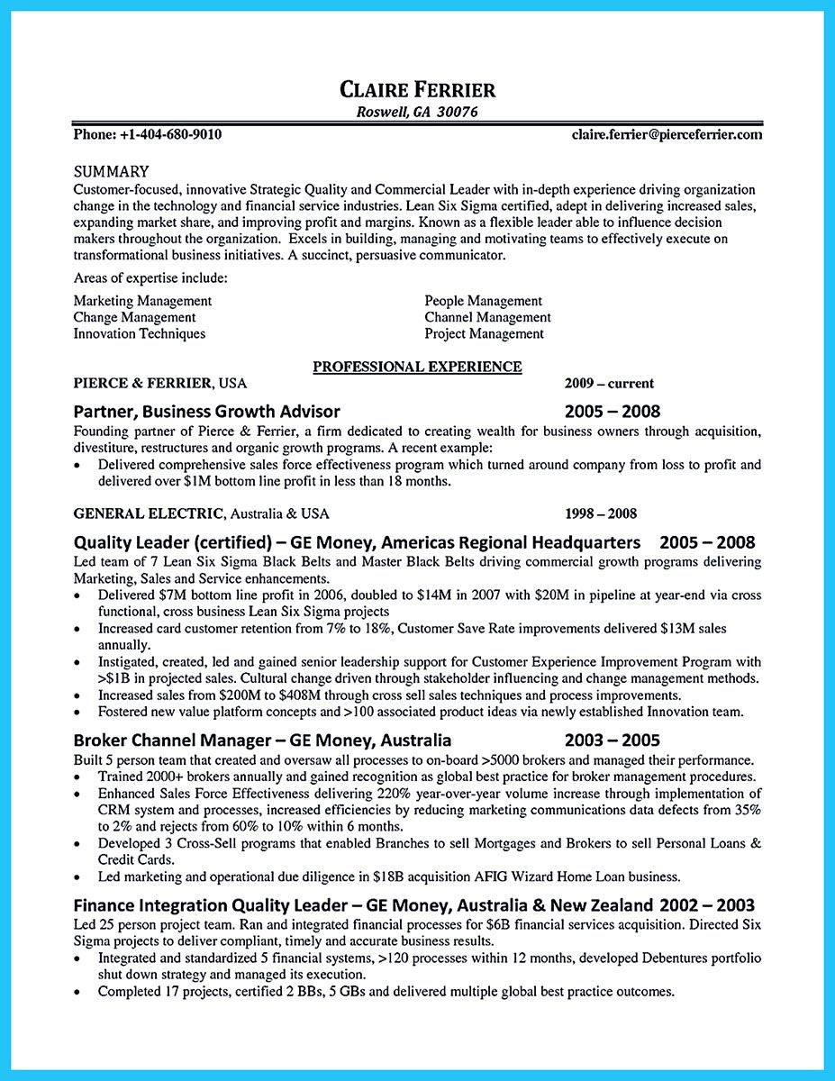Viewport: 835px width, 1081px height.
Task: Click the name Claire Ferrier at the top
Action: coord(417,89)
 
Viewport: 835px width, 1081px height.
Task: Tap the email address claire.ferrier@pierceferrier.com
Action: coord(667,134)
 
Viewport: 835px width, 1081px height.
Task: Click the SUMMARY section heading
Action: coord(111,171)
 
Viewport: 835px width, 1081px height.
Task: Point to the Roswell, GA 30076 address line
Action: coord(417,113)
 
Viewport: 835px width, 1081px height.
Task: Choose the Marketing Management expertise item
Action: coord(142,301)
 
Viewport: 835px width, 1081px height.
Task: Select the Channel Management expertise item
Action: coord(487,317)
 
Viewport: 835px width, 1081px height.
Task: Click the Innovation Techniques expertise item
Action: coord(139,333)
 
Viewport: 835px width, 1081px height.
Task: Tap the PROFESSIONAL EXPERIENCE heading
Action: coord(417,367)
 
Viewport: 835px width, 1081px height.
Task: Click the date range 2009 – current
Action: coord(609,383)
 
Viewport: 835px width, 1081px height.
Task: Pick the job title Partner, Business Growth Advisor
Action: coord(207,412)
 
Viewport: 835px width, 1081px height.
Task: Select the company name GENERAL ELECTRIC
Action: coord(149,513)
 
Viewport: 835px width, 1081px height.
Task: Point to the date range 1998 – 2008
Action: coord(600,513)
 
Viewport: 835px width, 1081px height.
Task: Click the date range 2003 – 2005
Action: coord(613,741)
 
